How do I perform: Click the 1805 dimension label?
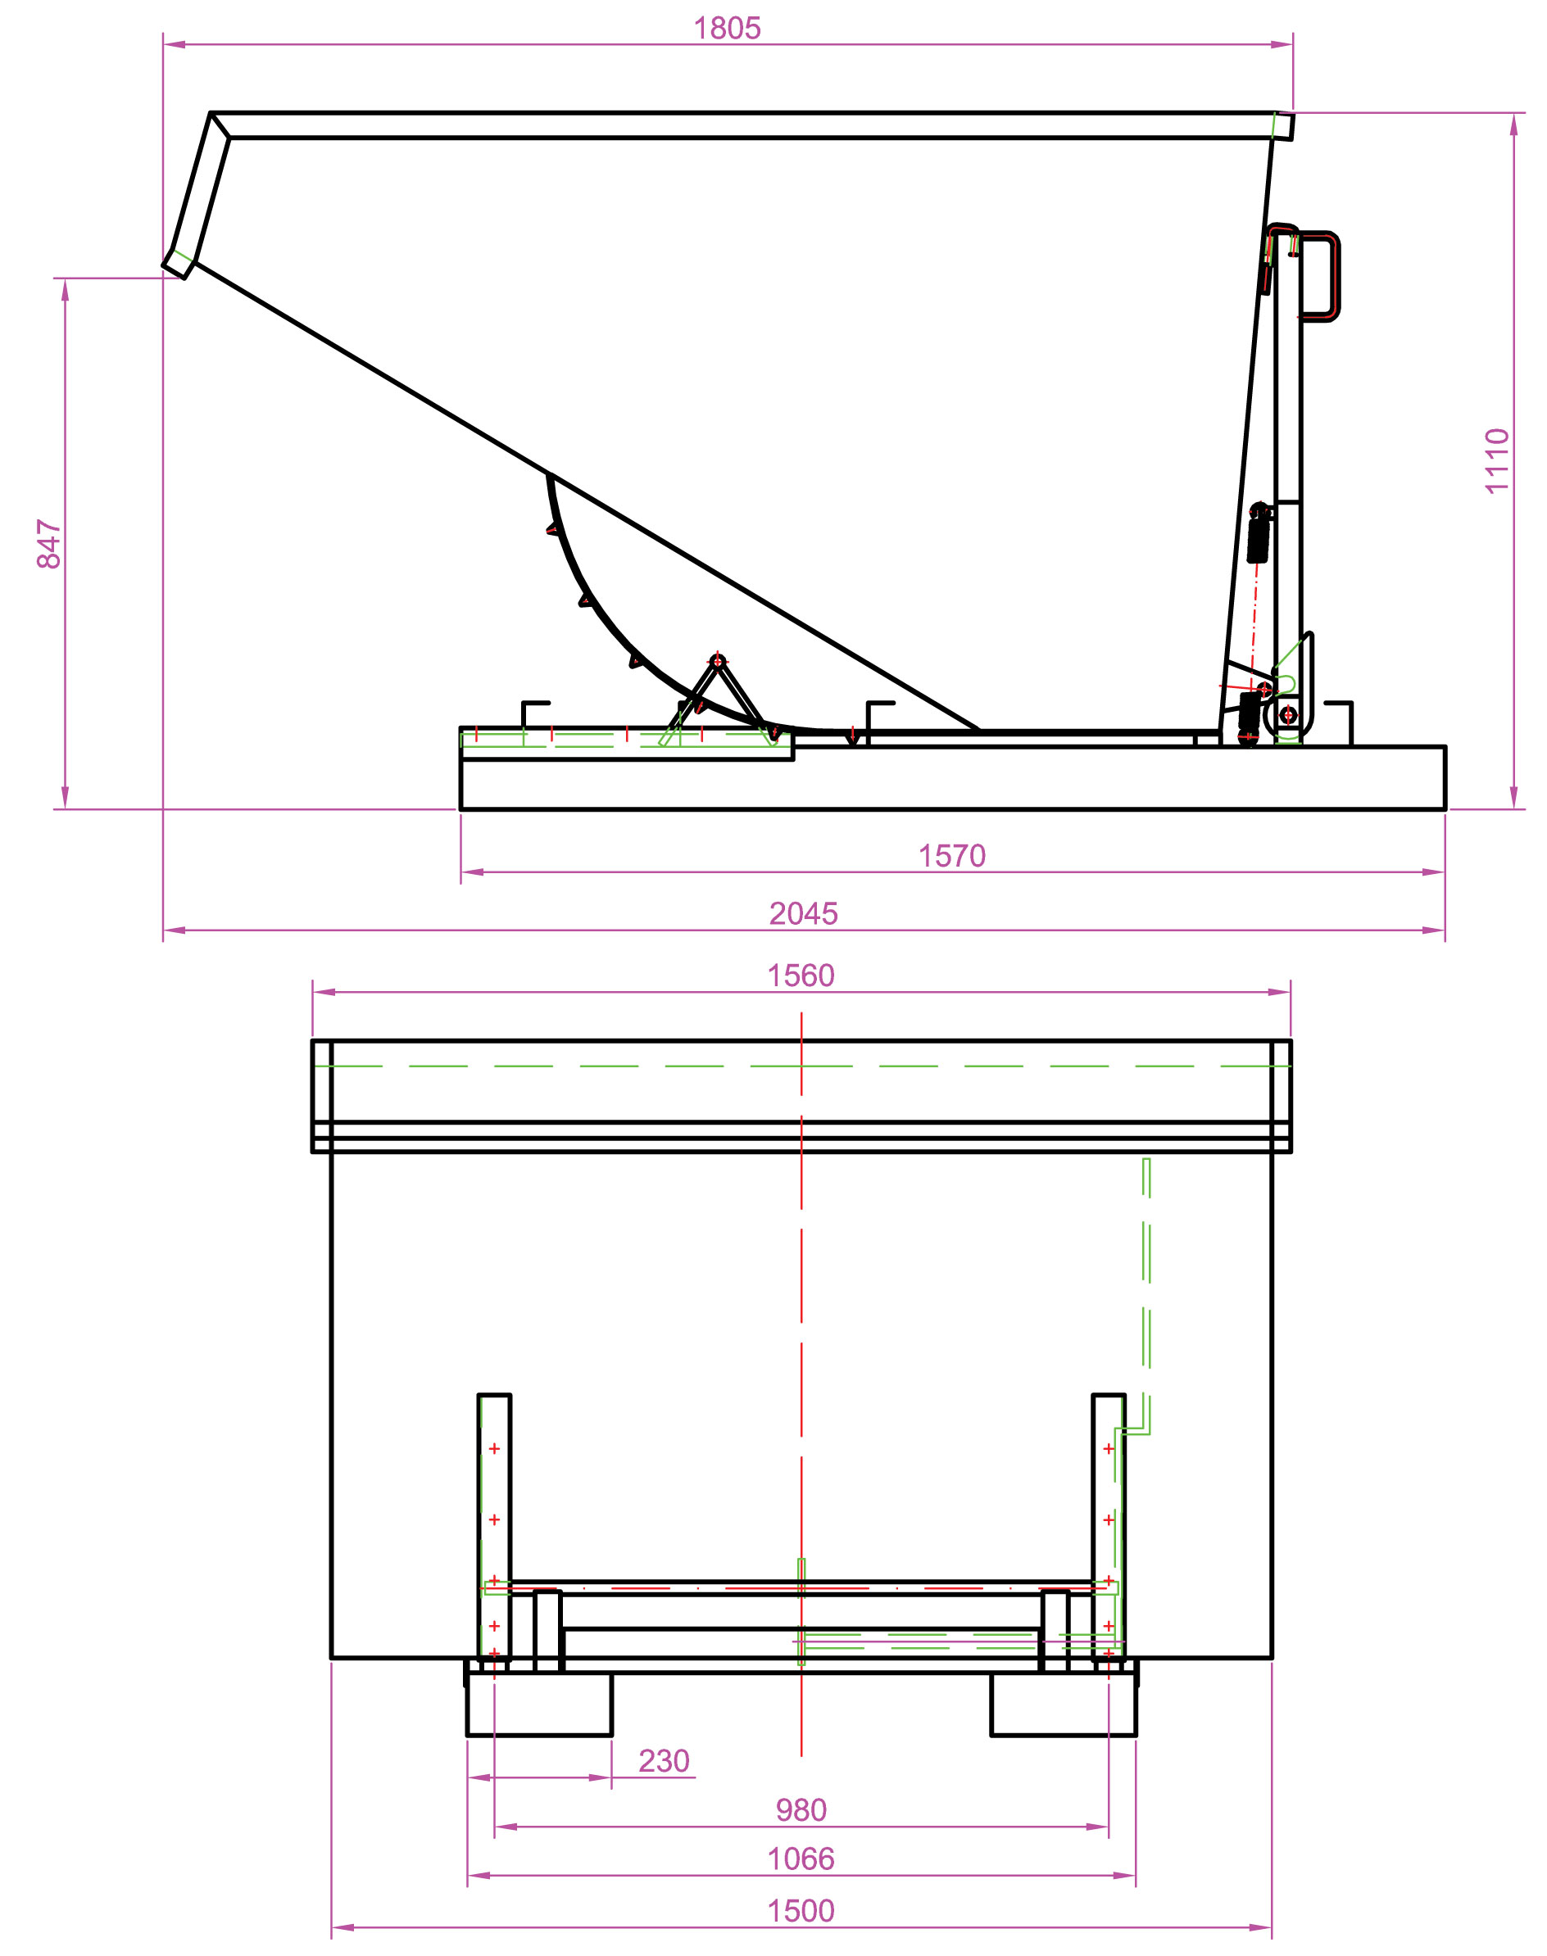point(727,29)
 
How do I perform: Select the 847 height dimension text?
point(49,543)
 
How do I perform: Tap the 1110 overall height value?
point(1496,461)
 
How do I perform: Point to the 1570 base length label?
point(952,856)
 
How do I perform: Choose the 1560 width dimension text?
point(801,976)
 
